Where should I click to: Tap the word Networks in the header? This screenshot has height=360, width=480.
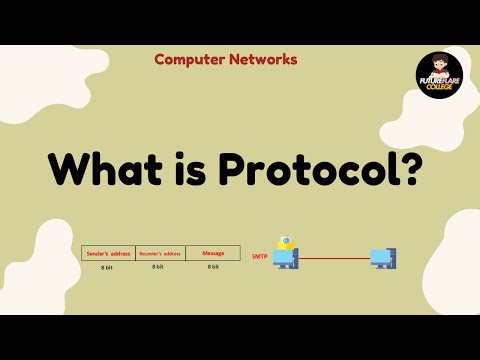click(x=260, y=59)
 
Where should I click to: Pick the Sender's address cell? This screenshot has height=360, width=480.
click(x=107, y=253)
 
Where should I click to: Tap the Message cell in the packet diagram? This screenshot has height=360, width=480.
click(x=212, y=253)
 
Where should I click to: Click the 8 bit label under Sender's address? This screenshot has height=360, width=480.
click(x=107, y=267)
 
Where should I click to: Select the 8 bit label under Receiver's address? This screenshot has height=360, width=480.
click(x=158, y=267)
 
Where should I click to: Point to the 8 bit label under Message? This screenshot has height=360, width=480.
click(x=212, y=267)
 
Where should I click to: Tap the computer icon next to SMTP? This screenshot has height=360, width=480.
click(x=287, y=259)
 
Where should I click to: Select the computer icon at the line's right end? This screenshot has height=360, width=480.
click(x=383, y=259)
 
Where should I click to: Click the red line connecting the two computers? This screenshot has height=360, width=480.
click(x=335, y=257)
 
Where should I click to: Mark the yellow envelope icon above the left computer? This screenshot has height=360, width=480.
click(x=286, y=242)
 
